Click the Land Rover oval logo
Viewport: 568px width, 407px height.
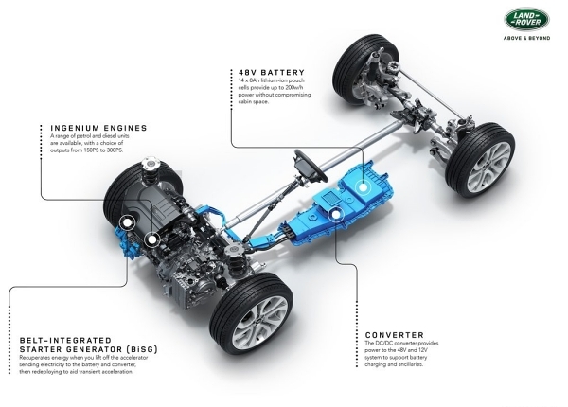[x=526, y=19]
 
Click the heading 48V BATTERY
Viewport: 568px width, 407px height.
[x=272, y=73]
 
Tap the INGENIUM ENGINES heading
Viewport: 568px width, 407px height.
[x=98, y=128]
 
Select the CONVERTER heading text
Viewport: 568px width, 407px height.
[x=395, y=335]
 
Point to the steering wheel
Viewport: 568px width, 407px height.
[x=311, y=166]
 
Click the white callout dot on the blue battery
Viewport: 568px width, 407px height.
[x=362, y=187]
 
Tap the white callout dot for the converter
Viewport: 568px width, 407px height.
[x=336, y=215]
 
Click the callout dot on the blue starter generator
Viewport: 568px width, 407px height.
[x=127, y=223]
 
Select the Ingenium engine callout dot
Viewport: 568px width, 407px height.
[x=151, y=239]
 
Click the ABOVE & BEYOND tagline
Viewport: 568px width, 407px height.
[x=526, y=38]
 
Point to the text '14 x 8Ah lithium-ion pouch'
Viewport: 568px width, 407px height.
[x=272, y=80]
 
